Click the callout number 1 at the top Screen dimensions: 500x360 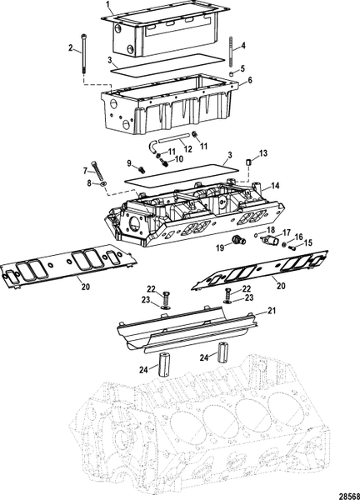click(x=106, y=4)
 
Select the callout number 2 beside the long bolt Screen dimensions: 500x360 click(x=70, y=49)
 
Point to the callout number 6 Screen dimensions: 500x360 click(x=249, y=81)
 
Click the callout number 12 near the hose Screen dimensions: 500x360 click(x=189, y=149)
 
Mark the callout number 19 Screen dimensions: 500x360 click(x=219, y=247)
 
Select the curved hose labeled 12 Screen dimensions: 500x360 click(x=165, y=144)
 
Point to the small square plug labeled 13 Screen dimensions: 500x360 click(x=247, y=161)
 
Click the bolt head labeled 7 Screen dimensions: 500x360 click(x=97, y=164)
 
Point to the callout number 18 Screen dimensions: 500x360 click(x=270, y=228)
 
